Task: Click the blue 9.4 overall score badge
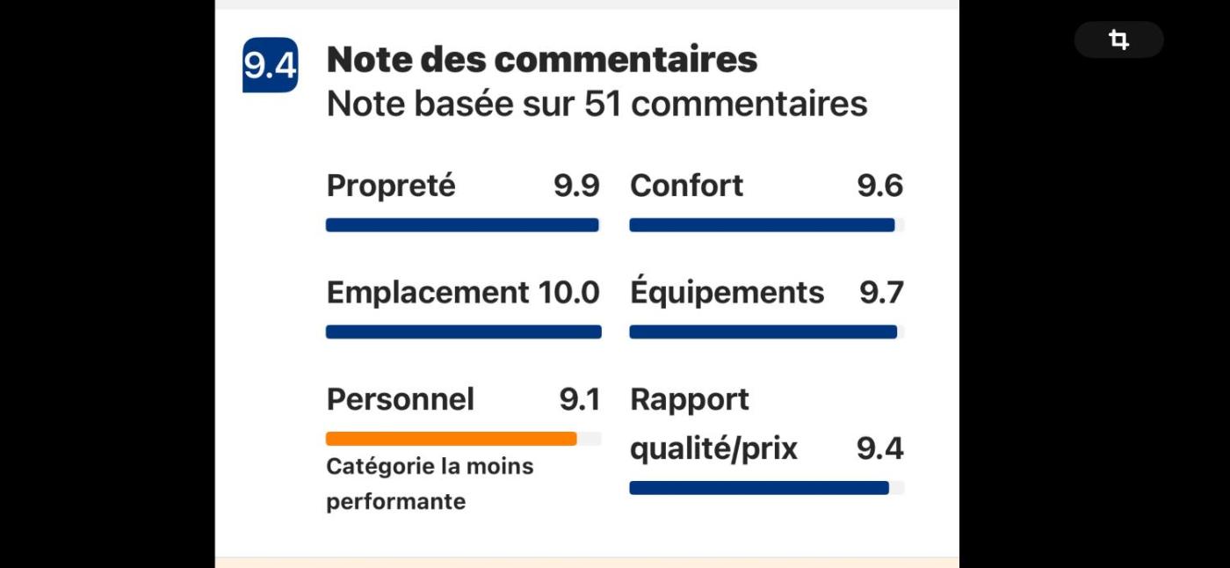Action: coord(270,65)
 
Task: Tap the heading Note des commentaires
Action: coord(541,60)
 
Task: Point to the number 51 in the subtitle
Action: coord(603,104)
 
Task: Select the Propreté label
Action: coord(391,186)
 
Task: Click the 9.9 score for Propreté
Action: coord(576,186)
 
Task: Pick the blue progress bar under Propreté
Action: coord(462,225)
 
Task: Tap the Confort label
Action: coord(686,186)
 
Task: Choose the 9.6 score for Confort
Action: coord(879,186)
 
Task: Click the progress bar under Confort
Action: coord(763,225)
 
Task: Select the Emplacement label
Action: coord(427,292)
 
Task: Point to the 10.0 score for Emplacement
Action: coord(569,292)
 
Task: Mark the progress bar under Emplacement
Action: coord(463,331)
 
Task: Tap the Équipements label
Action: coord(727,292)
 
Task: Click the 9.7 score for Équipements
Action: coord(881,292)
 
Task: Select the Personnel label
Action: coord(400,399)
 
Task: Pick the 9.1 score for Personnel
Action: coord(580,399)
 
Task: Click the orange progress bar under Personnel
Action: coord(452,439)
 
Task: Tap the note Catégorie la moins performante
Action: coord(430,484)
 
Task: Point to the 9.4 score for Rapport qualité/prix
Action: coord(879,448)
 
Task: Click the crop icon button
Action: coord(1118,40)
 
